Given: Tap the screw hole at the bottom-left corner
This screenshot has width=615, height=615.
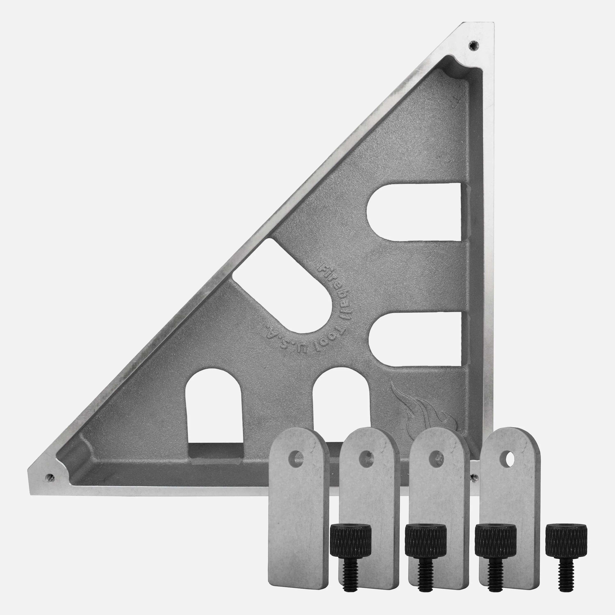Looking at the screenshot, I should coord(50,477).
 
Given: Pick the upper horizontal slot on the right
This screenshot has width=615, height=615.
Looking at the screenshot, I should coord(414,212).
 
